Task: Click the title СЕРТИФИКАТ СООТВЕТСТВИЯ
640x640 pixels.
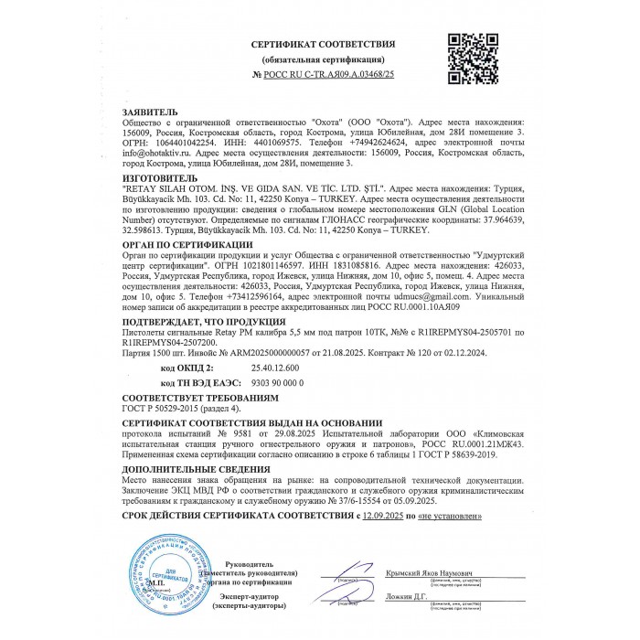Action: (324, 44)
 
